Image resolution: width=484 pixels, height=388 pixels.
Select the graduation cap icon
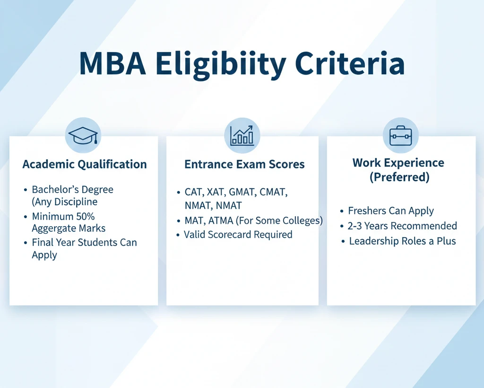coord(83,135)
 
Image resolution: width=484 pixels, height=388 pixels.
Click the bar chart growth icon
coord(242,135)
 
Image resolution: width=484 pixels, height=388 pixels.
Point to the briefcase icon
coord(401,135)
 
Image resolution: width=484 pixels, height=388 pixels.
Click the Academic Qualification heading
coord(85,165)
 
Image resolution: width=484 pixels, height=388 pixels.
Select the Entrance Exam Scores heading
coord(244,165)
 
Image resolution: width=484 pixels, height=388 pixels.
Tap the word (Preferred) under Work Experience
coord(398,177)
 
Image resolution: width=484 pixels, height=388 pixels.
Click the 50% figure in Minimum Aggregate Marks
coord(86,217)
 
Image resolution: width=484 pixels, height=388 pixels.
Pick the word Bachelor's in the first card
coord(52,190)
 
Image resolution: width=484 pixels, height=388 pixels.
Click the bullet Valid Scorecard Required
coord(238,235)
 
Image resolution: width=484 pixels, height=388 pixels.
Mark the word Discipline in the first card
coord(76,202)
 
